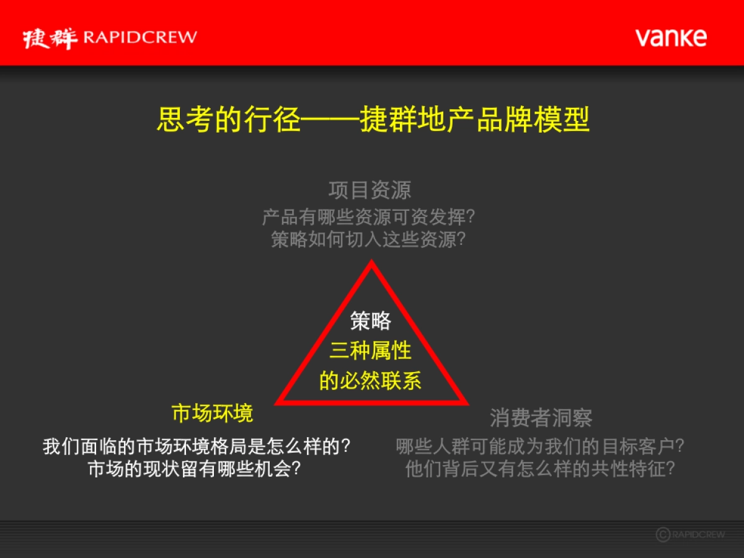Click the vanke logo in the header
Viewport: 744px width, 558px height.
(671, 37)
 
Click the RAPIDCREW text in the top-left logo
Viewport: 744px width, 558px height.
(140, 37)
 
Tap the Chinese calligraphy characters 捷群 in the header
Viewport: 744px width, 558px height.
(50, 38)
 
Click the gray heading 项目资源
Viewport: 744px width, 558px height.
(370, 190)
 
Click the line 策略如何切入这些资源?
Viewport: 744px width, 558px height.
(368, 239)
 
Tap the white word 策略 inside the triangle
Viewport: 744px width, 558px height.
(371, 321)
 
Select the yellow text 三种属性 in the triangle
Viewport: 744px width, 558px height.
(371, 351)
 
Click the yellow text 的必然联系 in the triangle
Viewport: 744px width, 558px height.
(371, 380)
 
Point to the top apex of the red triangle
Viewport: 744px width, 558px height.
(371, 263)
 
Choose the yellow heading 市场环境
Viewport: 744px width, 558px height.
(212, 414)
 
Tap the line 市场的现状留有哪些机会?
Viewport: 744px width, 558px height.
(195, 469)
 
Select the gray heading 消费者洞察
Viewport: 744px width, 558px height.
(541, 418)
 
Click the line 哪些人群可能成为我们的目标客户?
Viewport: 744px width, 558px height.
(540, 446)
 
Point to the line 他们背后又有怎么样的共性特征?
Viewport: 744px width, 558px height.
(540, 469)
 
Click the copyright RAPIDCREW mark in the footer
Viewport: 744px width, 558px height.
(690, 534)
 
